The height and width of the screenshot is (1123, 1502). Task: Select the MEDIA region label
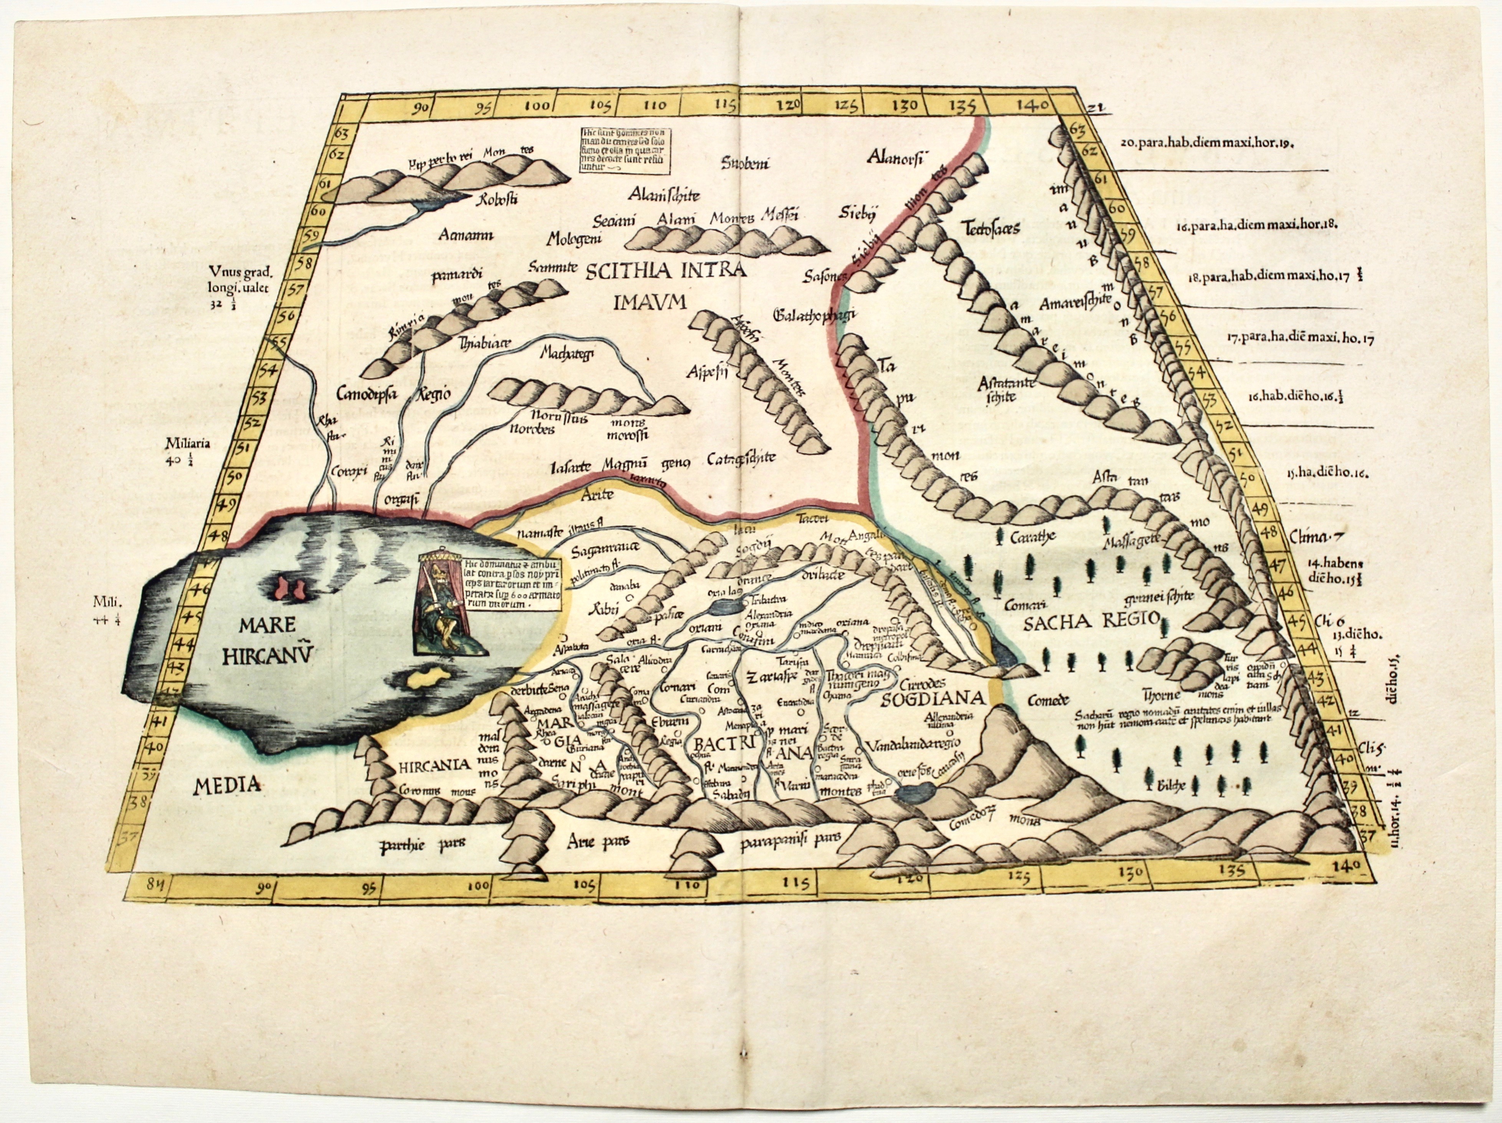227,786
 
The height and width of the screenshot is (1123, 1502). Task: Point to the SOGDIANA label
932,698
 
